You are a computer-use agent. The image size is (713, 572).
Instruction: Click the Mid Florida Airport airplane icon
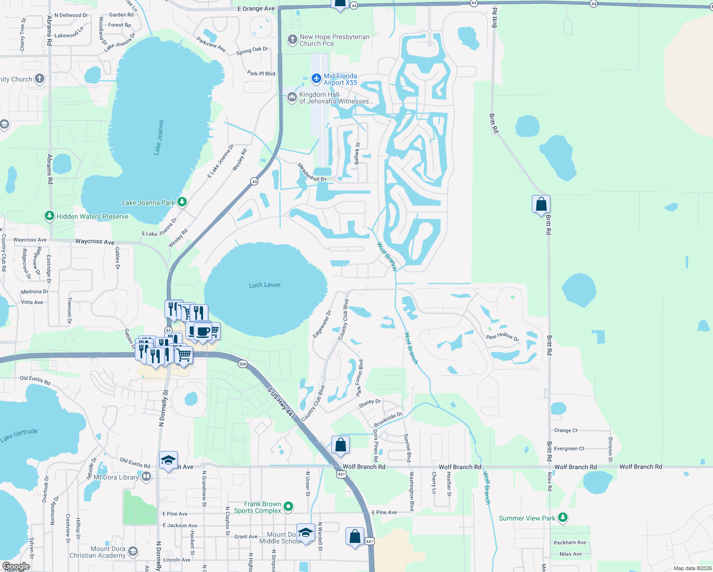tap(316, 78)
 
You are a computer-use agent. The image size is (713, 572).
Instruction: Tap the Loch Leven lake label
tap(265, 285)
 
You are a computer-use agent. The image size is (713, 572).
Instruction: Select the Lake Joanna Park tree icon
tap(182, 202)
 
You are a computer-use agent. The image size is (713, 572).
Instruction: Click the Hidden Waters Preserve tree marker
tap(49, 216)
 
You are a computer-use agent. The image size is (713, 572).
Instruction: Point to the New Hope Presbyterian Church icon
tap(292, 40)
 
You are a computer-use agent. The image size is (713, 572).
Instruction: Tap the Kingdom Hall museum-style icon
tap(292, 98)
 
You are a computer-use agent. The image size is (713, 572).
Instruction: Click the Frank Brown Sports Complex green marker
tap(288, 507)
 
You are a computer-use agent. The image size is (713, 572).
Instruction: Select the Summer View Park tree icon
tap(563, 518)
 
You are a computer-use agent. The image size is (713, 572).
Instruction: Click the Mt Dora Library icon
tap(146, 477)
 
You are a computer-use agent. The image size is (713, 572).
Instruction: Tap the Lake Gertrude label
tap(19, 435)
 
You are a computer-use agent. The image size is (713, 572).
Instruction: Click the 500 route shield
tap(243, 364)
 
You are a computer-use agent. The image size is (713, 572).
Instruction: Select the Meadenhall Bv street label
tap(312, 173)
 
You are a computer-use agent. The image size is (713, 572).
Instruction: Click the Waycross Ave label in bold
tap(95, 242)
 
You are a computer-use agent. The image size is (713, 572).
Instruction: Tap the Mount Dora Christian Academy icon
tap(133, 552)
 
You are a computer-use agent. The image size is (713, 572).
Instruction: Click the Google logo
tap(16, 566)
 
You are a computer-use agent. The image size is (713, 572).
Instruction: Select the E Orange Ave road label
tap(256, 9)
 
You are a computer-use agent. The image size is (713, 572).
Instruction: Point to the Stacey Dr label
tap(369, 403)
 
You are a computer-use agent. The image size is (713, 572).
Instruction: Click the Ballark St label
tap(357, 153)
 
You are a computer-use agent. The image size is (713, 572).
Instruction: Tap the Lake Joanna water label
tap(159, 138)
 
